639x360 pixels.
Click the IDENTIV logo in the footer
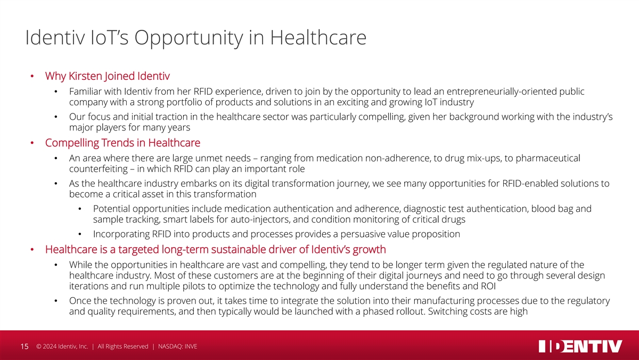point(580,346)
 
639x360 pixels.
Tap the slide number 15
point(24,347)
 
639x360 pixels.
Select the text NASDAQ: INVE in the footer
point(177,347)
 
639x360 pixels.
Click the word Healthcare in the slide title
point(318,37)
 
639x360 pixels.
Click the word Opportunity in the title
point(189,38)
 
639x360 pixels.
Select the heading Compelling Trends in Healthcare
point(122,143)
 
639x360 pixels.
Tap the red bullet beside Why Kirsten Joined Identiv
point(32,76)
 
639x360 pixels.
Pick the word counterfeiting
point(99,169)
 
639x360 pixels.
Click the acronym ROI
point(488,286)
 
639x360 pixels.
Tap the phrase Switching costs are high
point(478,312)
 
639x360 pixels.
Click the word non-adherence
point(398,158)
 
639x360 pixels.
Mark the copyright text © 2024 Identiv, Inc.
point(62,347)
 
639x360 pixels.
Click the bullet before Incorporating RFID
point(80,234)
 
